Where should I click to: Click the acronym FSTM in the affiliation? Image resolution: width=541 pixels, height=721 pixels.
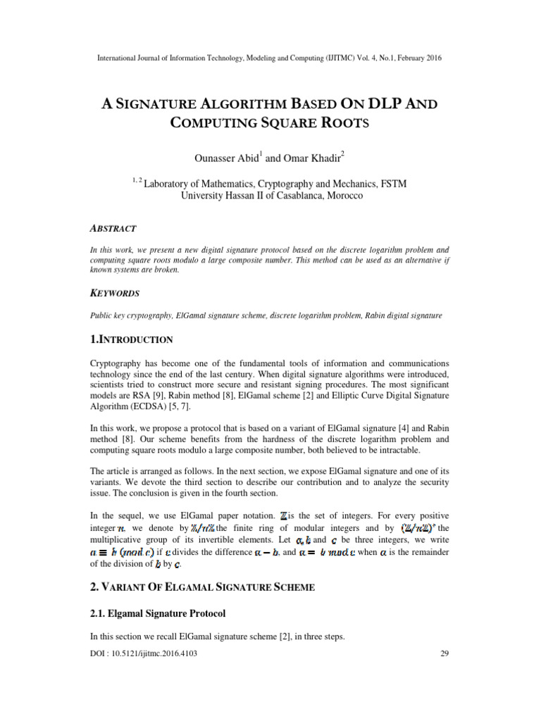(x=392, y=184)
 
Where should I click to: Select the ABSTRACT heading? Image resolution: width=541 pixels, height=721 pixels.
(x=113, y=229)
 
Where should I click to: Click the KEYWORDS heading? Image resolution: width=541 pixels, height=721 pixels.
(x=116, y=293)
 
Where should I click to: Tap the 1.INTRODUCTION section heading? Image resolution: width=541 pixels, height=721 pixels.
(x=132, y=340)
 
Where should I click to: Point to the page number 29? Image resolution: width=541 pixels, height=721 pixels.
(x=444, y=653)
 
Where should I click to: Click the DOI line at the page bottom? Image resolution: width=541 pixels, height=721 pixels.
(x=144, y=653)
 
